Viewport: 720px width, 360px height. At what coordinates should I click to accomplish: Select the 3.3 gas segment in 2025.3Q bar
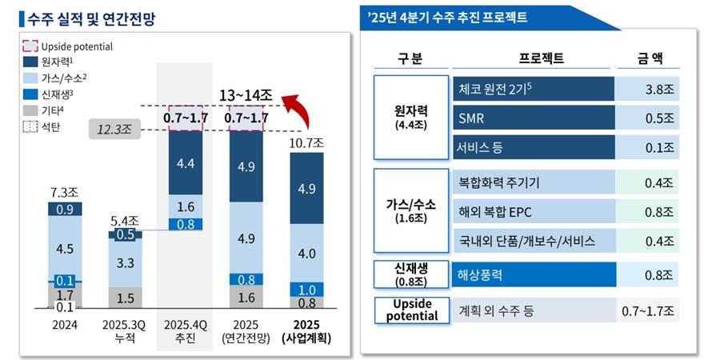click(x=126, y=262)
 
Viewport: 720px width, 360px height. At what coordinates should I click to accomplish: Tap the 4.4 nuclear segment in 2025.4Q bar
click(x=186, y=165)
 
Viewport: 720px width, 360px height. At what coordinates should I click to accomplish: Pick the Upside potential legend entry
click(x=68, y=46)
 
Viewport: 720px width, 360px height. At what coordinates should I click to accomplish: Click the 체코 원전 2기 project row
click(x=533, y=89)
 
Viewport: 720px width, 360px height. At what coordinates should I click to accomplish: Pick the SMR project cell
click(x=533, y=118)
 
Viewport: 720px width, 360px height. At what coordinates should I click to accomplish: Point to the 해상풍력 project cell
click(x=533, y=274)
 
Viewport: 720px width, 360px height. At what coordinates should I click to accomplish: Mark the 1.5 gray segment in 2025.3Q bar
click(x=126, y=298)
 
